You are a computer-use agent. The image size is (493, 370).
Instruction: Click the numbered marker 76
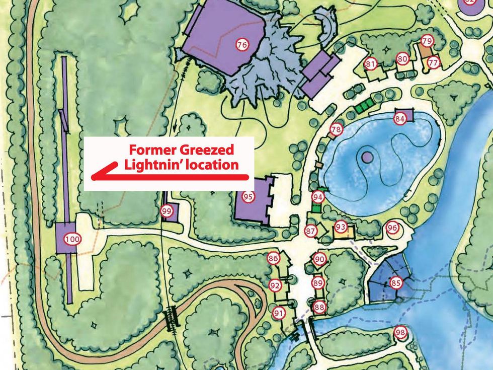tap(242, 45)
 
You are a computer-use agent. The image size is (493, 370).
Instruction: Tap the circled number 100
tap(72, 240)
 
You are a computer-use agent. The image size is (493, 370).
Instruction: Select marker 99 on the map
tap(168, 211)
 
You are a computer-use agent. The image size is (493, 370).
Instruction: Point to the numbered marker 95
tap(248, 196)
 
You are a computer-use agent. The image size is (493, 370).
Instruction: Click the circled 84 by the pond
tap(400, 119)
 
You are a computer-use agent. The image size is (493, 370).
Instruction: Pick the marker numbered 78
tap(336, 130)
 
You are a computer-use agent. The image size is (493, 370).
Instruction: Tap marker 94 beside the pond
tap(317, 196)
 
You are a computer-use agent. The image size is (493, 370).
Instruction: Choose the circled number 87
tap(311, 231)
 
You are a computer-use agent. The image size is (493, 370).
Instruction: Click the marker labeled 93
tap(341, 227)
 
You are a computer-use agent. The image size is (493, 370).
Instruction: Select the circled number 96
tap(392, 228)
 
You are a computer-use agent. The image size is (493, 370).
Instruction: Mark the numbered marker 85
tap(396, 283)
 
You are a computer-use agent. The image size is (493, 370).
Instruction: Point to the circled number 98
tap(400, 332)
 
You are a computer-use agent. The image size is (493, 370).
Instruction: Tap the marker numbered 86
tap(273, 259)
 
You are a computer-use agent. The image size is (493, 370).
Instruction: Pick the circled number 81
tap(371, 64)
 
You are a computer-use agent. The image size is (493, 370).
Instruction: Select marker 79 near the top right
tap(427, 41)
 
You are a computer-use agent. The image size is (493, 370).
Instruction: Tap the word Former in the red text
tap(149, 150)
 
